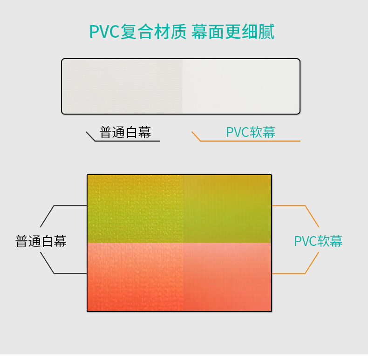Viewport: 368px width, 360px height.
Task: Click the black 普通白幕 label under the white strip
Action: click(x=125, y=132)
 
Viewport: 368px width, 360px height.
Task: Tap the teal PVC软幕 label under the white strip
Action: click(x=251, y=132)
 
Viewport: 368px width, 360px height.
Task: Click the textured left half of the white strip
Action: click(x=122, y=86)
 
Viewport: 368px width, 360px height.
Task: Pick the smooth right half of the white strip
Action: click(x=240, y=86)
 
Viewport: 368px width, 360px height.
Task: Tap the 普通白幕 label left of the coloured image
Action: click(x=41, y=241)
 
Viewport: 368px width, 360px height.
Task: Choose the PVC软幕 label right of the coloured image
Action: click(x=318, y=241)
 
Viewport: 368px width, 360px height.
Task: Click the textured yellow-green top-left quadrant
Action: click(x=135, y=209)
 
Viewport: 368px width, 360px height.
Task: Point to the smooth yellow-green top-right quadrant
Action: click(x=227, y=209)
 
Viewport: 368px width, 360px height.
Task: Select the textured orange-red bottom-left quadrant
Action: click(x=135, y=277)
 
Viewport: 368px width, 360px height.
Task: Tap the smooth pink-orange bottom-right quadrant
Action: click(x=227, y=277)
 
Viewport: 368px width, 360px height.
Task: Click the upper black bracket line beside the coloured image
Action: click(x=70, y=205)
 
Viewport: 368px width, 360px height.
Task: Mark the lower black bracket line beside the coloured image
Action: click(x=70, y=273)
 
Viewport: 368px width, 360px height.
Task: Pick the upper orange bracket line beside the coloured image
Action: click(x=289, y=205)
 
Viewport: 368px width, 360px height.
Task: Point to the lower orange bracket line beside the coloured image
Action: click(x=289, y=273)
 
